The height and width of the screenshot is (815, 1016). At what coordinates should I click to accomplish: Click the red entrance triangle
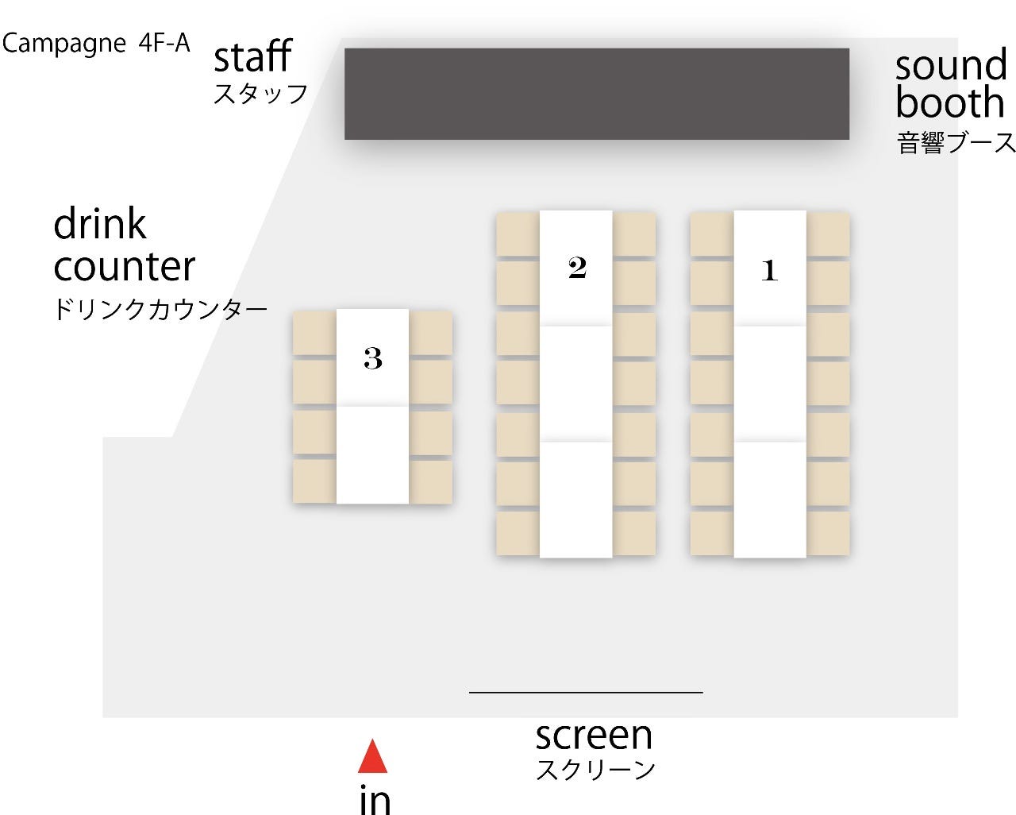pyautogui.click(x=372, y=759)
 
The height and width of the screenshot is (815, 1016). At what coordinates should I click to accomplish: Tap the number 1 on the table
pyautogui.click(x=768, y=271)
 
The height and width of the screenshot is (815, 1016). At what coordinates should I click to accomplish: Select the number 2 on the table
pyautogui.click(x=577, y=268)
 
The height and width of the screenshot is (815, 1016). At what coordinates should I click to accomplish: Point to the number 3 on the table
pyautogui.click(x=373, y=358)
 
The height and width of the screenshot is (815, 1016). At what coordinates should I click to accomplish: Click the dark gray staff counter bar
pyautogui.click(x=596, y=94)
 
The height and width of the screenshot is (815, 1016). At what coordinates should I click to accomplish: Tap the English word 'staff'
pyautogui.click(x=252, y=57)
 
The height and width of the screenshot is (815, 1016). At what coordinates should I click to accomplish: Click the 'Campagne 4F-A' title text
pyautogui.click(x=96, y=43)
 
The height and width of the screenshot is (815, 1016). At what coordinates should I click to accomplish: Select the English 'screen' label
pyautogui.click(x=594, y=736)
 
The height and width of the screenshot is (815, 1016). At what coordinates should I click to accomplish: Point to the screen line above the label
pyautogui.click(x=586, y=693)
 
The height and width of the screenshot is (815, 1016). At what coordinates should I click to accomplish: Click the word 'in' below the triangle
pyautogui.click(x=375, y=799)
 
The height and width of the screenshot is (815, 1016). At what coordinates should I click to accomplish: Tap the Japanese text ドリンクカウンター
pyautogui.click(x=160, y=310)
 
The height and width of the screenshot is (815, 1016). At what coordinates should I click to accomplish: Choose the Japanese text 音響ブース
pyautogui.click(x=956, y=144)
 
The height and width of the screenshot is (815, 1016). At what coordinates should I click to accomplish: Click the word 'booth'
pyautogui.click(x=950, y=103)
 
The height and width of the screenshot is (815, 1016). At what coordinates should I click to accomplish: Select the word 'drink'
pyautogui.click(x=100, y=224)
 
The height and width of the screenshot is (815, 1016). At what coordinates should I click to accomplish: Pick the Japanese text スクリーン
pyautogui.click(x=595, y=770)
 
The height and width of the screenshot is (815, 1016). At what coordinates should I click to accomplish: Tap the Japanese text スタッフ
pyautogui.click(x=260, y=95)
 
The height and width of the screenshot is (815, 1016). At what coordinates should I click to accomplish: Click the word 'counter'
pyautogui.click(x=125, y=267)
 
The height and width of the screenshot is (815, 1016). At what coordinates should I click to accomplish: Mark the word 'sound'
pyautogui.click(x=951, y=65)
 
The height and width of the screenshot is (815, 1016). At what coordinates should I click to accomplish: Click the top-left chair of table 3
pyautogui.click(x=314, y=334)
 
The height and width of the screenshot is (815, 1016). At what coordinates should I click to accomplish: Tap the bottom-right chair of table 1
pyautogui.click(x=828, y=533)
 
